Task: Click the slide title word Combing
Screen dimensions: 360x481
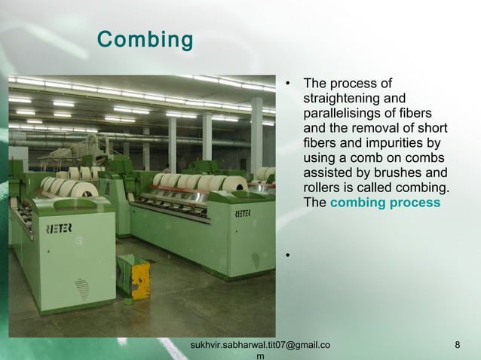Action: pyautogui.click(x=145, y=39)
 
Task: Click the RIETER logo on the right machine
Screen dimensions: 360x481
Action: pyautogui.click(x=244, y=214)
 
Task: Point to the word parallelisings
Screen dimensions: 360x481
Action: pyautogui.click(x=339, y=113)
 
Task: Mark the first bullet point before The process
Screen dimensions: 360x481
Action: pyautogui.click(x=287, y=84)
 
